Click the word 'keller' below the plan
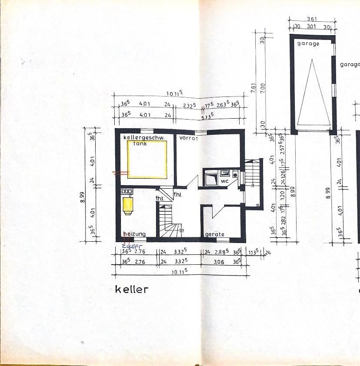[132, 289]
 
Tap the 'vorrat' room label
[189, 138]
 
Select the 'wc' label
[225, 180]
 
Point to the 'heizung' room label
[134, 234]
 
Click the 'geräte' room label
[214, 234]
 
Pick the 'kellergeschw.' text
[143, 138]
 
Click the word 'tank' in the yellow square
[140, 143]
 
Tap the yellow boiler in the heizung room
[128, 206]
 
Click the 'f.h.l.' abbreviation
[177, 194]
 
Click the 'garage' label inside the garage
[308, 44]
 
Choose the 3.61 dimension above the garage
[311, 19]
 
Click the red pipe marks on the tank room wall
[121, 173]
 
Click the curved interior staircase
[170, 222]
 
